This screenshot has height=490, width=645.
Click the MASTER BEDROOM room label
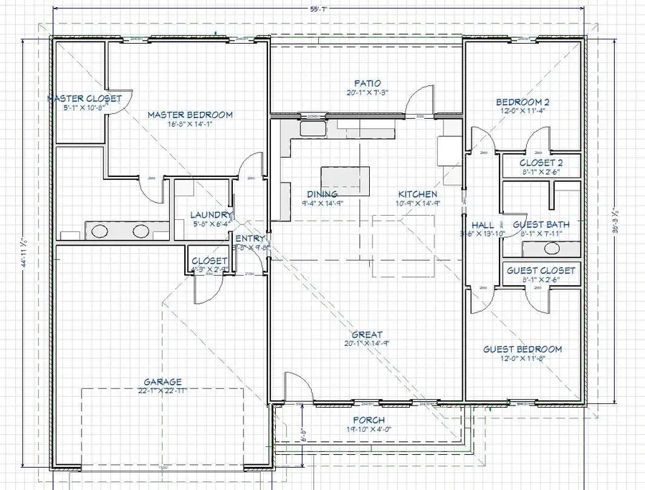point(190,115)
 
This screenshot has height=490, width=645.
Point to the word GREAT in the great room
point(366,335)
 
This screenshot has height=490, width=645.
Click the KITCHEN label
point(417,194)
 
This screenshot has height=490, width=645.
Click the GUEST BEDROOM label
point(522,349)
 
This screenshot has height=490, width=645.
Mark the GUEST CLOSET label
point(541,271)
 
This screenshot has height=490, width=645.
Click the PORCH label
point(369,420)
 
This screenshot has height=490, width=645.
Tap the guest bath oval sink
point(551,249)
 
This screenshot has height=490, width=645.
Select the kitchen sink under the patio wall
point(311,129)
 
